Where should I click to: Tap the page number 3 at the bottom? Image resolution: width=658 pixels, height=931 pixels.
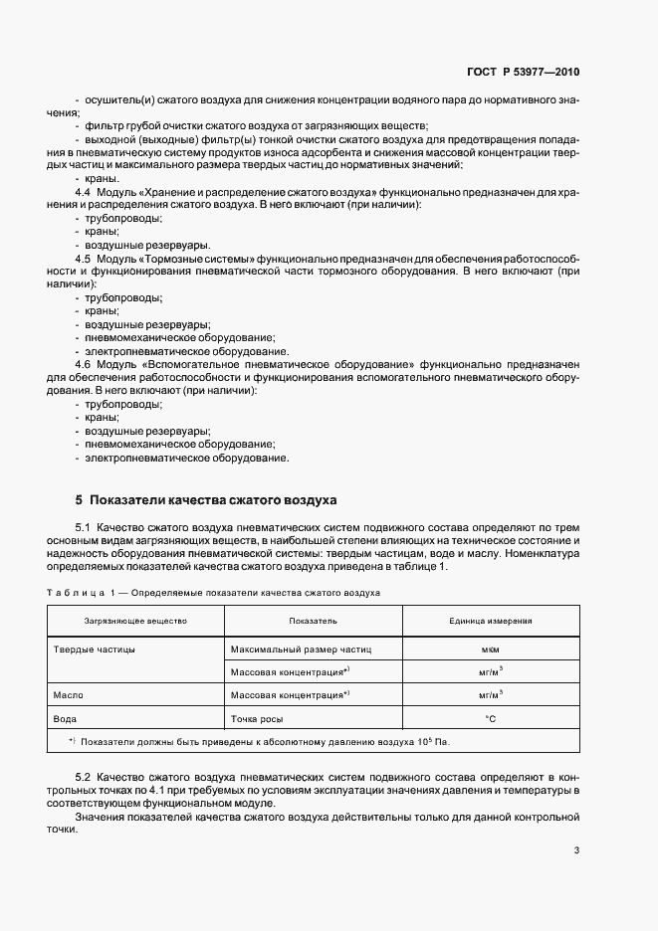point(576,849)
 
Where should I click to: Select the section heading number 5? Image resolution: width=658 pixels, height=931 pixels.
point(80,499)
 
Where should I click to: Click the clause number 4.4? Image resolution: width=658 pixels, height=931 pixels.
point(84,191)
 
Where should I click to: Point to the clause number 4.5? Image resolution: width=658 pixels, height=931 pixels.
point(84,258)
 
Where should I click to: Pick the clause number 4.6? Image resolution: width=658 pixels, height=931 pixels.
point(84,365)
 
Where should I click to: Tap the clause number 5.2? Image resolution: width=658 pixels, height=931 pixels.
point(84,774)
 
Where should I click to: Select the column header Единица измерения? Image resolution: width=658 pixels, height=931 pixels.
point(490,621)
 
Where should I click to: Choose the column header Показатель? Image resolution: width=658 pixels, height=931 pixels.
point(313,621)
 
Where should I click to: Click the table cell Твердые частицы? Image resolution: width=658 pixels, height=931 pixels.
point(94,649)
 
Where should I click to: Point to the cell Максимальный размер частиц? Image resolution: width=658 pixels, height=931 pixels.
point(300,649)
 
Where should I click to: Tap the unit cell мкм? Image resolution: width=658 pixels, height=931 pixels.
point(490,649)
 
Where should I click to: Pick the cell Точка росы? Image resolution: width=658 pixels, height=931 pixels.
point(258,717)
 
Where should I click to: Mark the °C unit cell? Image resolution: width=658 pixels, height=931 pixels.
point(490,717)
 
